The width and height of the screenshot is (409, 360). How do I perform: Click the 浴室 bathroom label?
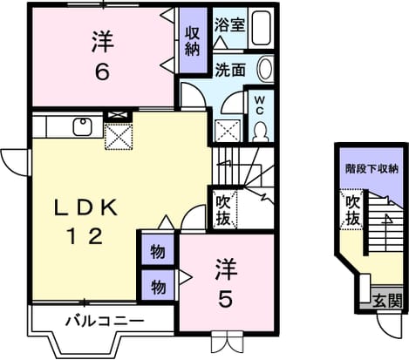point(229,25)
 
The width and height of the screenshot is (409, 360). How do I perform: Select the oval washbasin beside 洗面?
point(265,69)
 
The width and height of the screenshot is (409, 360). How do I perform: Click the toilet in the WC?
point(260,131)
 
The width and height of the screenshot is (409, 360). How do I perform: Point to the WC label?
point(260,105)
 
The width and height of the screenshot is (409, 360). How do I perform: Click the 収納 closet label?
point(193,41)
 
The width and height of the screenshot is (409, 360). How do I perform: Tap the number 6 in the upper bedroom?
point(103,71)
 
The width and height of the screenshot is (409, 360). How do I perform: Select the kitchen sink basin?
point(83,126)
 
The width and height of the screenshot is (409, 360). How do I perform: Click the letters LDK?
point(86,207)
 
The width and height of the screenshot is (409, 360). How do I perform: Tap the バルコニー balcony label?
point(105,321)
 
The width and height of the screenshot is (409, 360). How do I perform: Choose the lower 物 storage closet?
point(158,285)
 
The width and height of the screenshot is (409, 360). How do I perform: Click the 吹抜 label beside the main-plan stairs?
point(223,210)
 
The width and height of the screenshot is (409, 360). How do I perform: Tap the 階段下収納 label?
point(372,169)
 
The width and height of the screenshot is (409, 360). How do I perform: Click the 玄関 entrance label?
point(387,301)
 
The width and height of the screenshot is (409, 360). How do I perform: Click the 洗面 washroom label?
point(230,70)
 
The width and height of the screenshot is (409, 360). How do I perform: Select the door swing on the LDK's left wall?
point(15,163)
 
